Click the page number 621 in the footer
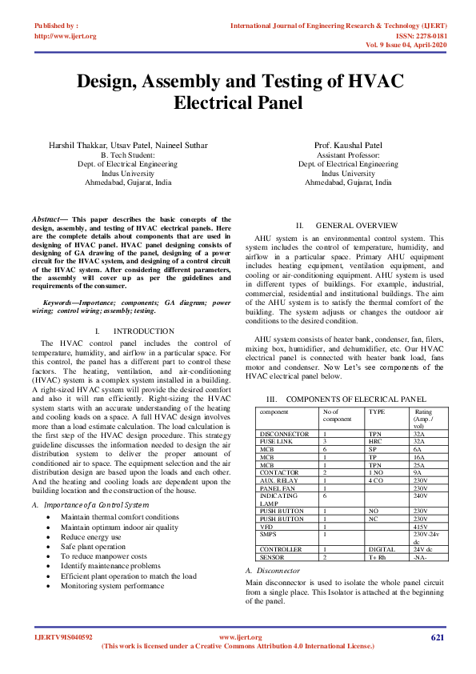[437, 637]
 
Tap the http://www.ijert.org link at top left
[66, 36]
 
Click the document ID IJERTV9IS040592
[63, 637]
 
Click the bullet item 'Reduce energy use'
[88, 538]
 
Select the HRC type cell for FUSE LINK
[374, 441]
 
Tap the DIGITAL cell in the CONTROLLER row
[380, 549]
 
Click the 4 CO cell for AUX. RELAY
[375, 480]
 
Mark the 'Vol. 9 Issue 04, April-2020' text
[417, 45]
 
